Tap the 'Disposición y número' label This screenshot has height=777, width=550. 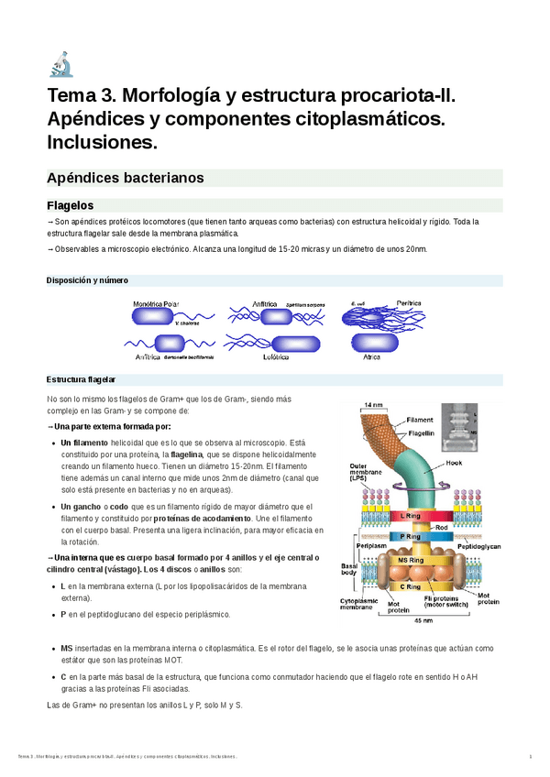[x=87, y=279]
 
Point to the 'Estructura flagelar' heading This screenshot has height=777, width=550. [x=81, y=379]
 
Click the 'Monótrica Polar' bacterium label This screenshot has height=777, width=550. [x=156, y=302]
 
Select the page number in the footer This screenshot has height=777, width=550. [x=531, y=756]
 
